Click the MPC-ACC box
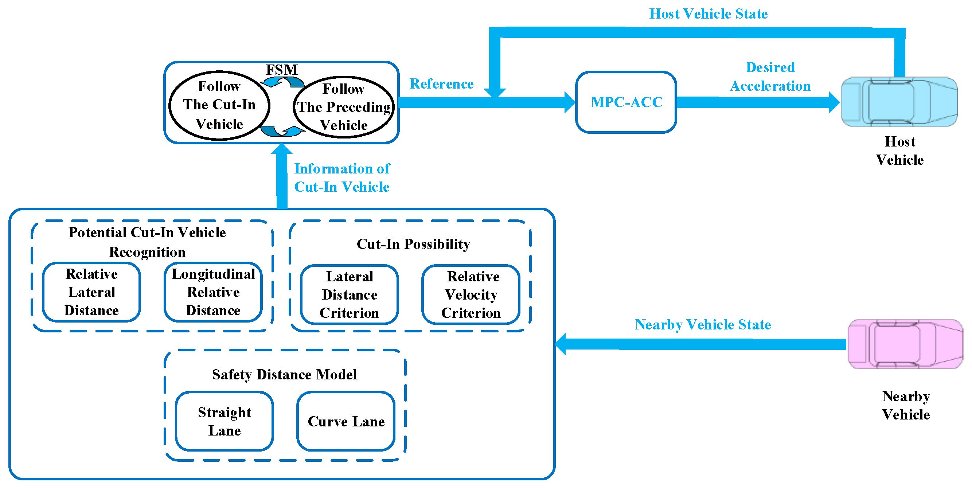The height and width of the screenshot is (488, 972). click(626, 102)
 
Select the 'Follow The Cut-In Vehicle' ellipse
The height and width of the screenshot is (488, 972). click(219, 105)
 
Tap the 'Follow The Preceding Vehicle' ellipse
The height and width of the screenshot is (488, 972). click(344, 107)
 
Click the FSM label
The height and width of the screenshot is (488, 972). click(282, 70)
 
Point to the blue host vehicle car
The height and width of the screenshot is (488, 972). click(899, 102)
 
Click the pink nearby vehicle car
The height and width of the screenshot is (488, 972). click(905, 344)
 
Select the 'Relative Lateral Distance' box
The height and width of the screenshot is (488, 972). click(91, 292)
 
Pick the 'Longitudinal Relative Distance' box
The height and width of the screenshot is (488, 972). click(213, 292)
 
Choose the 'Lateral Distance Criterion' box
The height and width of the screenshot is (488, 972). click(350, 295)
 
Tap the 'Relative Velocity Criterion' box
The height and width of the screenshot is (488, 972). click(471, 295)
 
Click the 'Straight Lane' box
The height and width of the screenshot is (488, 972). click(225, 421)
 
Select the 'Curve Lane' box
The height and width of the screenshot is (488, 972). click(346, 421)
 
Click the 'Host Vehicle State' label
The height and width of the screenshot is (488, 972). click(708, 14)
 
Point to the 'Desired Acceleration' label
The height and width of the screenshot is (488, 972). click(770, 77)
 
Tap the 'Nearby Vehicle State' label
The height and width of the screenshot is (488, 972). click(703, 325)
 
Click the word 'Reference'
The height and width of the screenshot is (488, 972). click(441, 84)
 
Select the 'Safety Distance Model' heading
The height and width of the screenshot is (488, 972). click(284, 374)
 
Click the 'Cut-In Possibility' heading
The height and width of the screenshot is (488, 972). click(413, 244)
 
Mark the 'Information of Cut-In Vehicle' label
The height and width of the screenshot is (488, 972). click(342, 178)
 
